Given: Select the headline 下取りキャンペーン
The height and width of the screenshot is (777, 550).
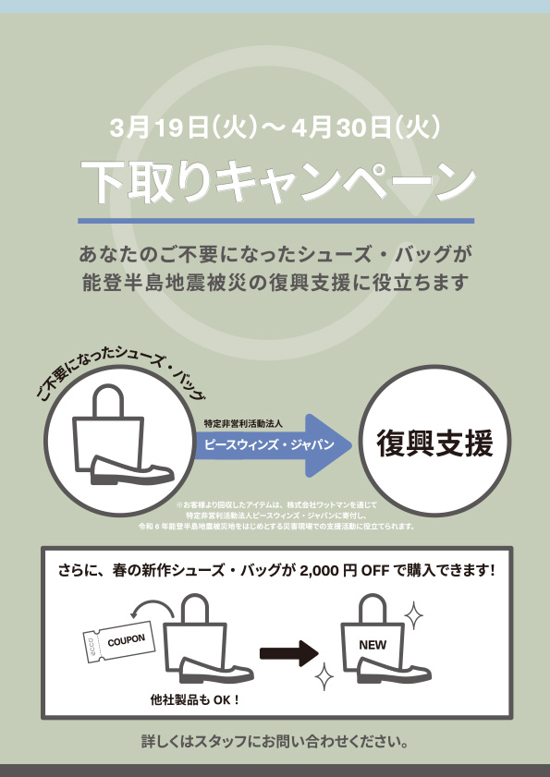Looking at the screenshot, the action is coord(278,182).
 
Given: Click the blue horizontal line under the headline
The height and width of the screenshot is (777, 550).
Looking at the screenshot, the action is coord(275,221).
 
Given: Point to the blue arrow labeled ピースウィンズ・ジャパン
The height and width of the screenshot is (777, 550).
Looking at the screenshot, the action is coord(273,445).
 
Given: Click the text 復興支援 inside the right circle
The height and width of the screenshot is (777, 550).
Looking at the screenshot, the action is coord(435,443).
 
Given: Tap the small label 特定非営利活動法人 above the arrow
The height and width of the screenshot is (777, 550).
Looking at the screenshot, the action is coord(243,424).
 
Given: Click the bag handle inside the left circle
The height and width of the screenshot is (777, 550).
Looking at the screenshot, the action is coord(108,400).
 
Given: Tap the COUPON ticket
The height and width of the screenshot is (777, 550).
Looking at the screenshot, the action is coord(119,642).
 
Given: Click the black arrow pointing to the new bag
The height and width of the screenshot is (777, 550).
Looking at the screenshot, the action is coord(289,653).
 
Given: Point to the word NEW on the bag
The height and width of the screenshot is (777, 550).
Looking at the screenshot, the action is coord(373,645).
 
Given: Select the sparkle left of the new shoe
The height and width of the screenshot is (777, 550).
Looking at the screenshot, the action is coord(324,676).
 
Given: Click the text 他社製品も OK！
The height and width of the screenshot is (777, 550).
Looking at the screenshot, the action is coord(195,700).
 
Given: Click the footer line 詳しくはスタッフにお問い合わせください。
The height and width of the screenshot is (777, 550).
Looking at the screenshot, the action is coord(275,742).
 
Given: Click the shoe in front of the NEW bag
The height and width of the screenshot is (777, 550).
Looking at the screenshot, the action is coord(394,670).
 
